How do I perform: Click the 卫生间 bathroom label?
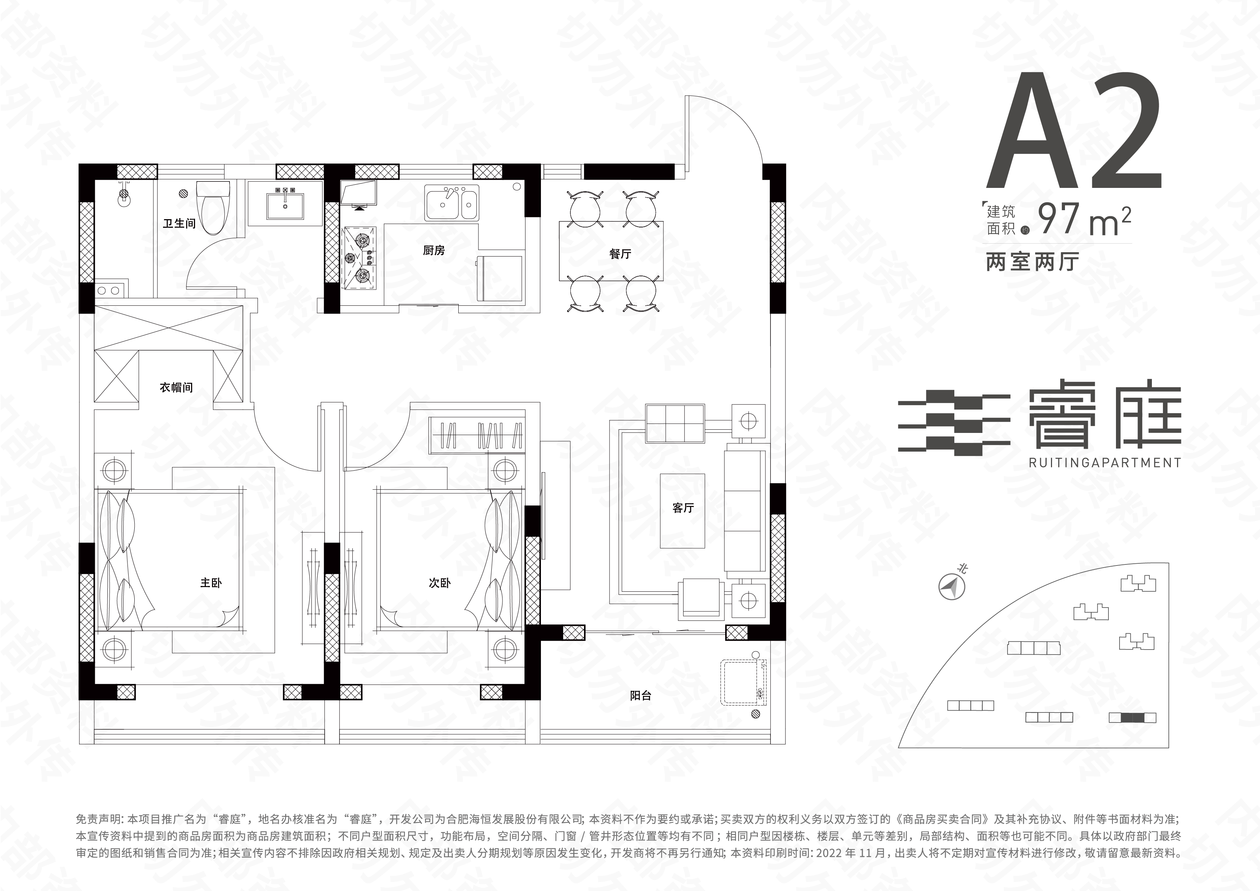coord(179,223)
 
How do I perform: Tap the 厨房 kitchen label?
coord(434,250)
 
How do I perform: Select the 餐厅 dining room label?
coord(620,254)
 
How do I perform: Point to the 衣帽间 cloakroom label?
coord(176,388)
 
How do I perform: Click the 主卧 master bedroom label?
coord(211,582)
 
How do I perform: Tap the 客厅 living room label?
coord(683,508)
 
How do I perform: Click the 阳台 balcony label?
coord(640,696)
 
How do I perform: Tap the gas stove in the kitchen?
coord(360,258)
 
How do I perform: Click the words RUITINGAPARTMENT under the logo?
coord(1105,463)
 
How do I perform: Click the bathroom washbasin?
coord(285,203)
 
